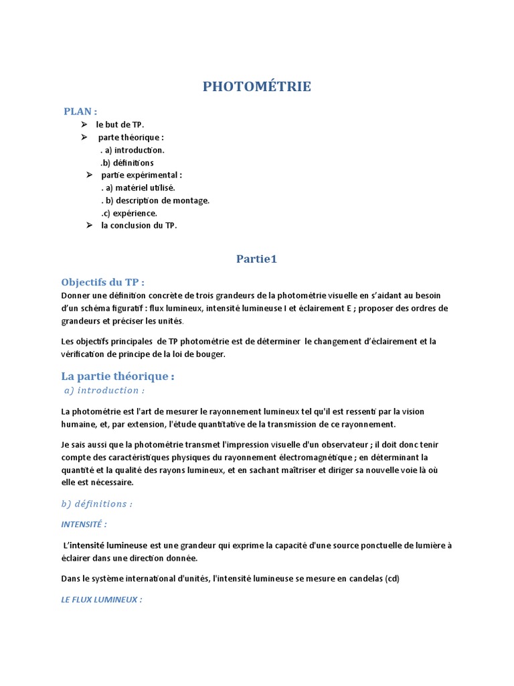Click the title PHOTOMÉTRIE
[256, 86]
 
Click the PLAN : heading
[80, 111]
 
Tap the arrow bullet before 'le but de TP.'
[84, 125]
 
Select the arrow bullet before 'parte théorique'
[84, 137]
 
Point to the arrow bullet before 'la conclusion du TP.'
[89, 226]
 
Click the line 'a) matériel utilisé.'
[138, 188]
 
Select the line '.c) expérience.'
[129, 213]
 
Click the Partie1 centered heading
[256, 259]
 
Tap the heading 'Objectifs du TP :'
[102, 282]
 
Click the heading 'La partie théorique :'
[117, 376]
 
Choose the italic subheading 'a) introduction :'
[104, 390]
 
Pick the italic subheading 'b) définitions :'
[96, 504]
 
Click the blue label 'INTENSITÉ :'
[84, 524]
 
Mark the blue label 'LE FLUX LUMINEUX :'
[101, 600]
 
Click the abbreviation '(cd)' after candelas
[392, 579]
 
